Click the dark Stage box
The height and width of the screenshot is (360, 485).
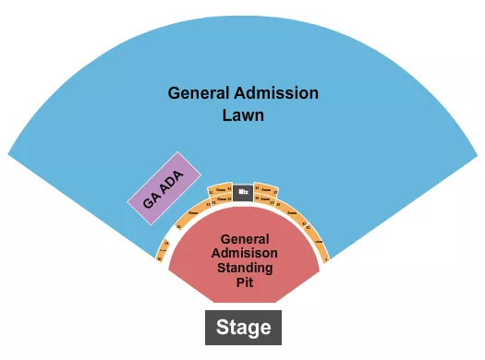pyautogui.click(x=243, y=327)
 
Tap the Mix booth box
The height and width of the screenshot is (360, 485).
pyautogui.click(x=243, y=192)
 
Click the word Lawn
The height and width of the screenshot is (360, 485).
pyautogui.click(x=243, y=116)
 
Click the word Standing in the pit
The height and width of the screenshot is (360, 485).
pyautogui.click(x=246, y=268)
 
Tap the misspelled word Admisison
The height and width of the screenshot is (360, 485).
pyautogui.click(x=245, y=252)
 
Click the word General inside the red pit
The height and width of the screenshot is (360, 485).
pyautogui.click(x=245, y=236)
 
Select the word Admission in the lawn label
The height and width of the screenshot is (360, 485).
pyautogui.click(x=276, y=93)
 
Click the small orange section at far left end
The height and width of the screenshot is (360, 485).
pyautogui.click(x=164, y=248)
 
